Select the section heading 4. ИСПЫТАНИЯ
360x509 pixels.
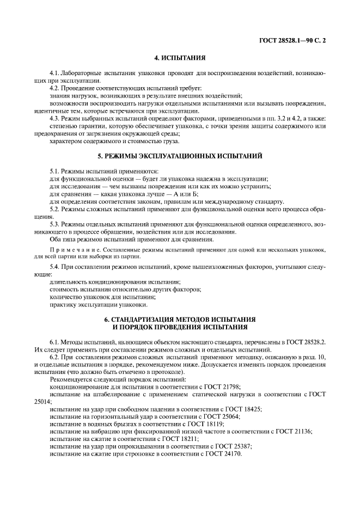pos(180,58)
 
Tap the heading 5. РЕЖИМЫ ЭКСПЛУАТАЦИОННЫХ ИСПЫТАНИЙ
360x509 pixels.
pos(180,156)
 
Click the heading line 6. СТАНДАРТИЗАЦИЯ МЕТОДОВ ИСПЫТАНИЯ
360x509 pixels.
pos(180,318)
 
